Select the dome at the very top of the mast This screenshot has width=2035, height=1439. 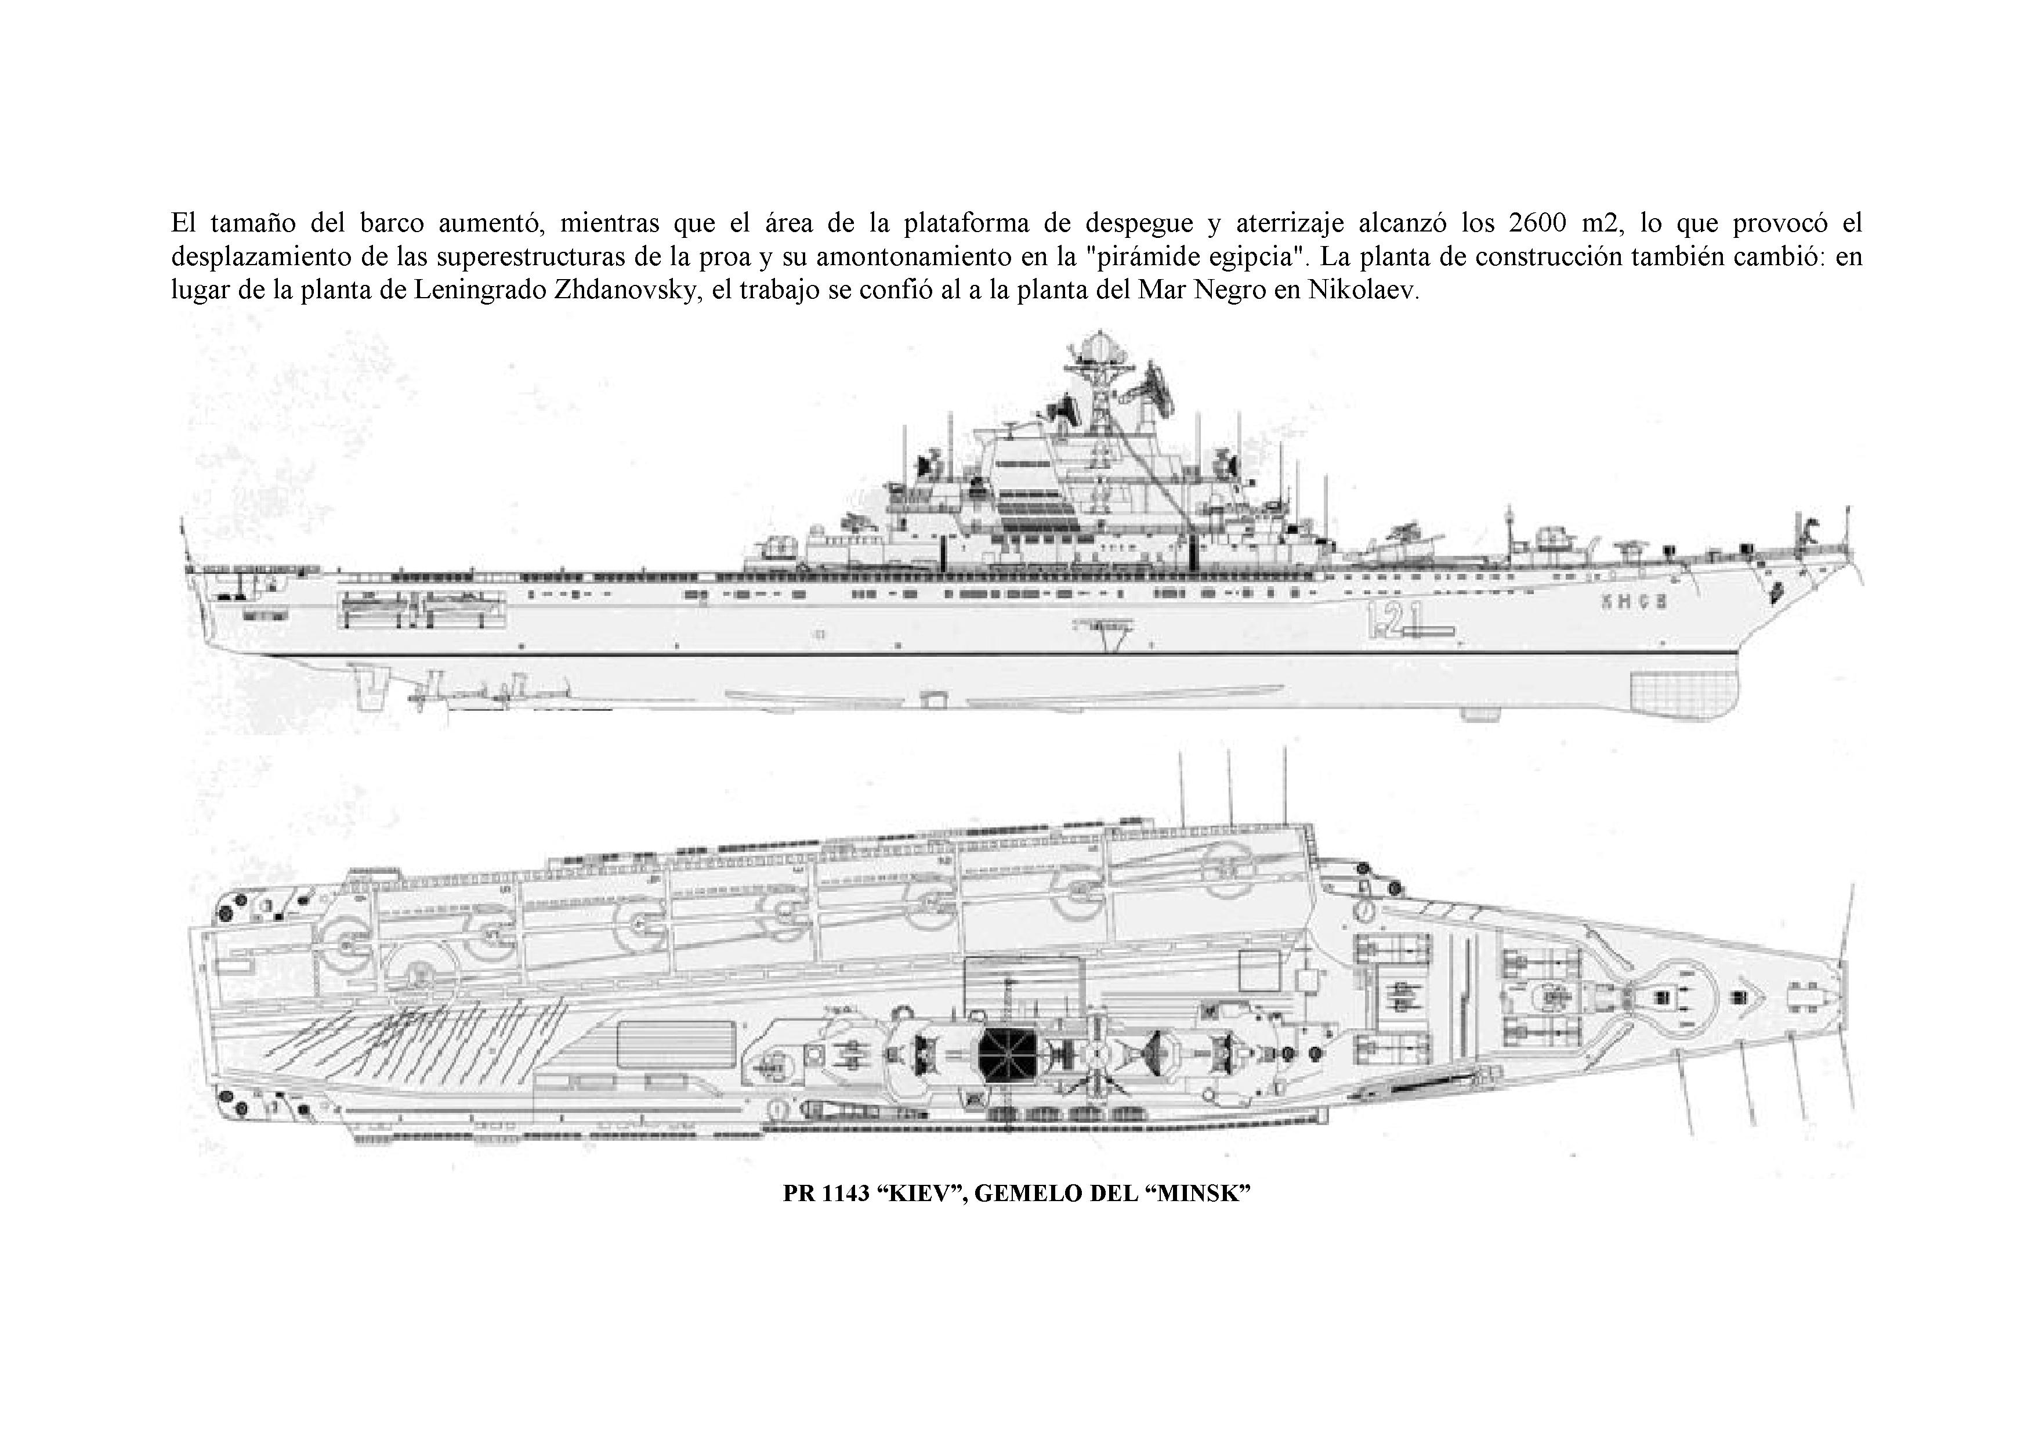coord(1099,346)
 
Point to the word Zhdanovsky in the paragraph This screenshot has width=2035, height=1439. coord(628,292)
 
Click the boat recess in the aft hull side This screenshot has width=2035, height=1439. coord(421,609)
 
